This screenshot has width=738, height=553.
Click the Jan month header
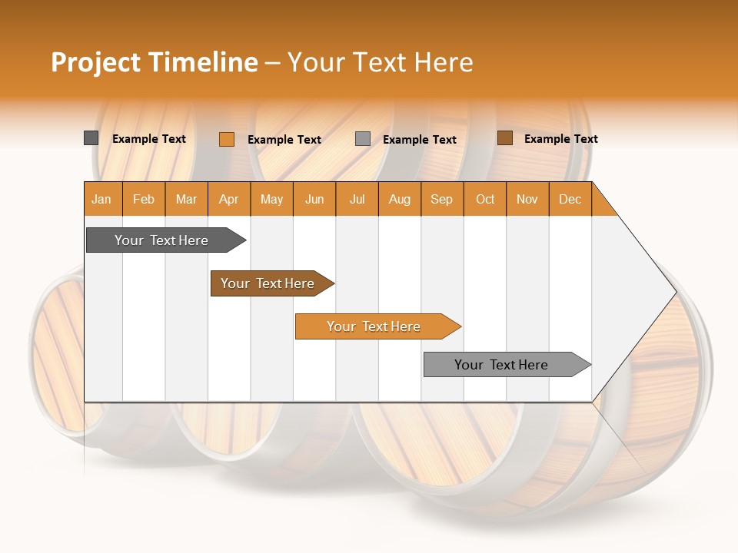(101, 199)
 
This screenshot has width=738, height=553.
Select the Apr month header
(229, 199)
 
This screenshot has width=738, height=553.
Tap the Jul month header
(357, 199)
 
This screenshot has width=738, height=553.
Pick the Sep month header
(441, 199)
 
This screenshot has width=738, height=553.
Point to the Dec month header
(570, 199)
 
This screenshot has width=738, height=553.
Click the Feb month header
(144, 199)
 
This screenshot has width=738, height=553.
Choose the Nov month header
(527, 199)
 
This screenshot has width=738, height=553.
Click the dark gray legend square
(91, 138)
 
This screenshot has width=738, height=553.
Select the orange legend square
(226, 139)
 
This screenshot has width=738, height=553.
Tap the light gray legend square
(363, 139)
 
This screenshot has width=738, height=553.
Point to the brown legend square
(504, 138)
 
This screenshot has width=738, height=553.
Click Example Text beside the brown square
(560, 139)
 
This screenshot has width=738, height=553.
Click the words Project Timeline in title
(154, 62)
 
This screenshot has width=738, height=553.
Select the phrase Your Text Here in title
(381, 62)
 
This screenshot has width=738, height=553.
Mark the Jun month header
(314, 199)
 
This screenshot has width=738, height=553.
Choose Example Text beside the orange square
(284, 140)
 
